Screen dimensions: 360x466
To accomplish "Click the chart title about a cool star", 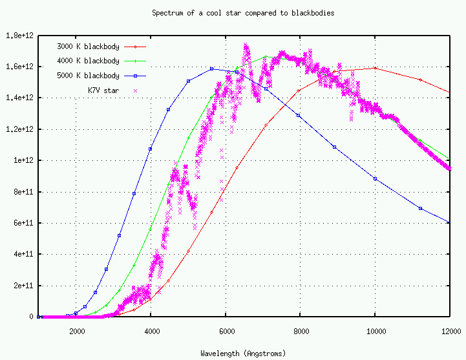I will [x=242, y=13].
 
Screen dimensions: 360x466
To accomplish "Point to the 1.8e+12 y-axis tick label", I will [x=19, y=36].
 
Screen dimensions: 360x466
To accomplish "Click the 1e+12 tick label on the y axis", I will [x=22, y=160].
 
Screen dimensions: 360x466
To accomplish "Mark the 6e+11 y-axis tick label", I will [x=22, y=223].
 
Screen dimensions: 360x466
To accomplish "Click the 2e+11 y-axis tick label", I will [x=22, y=286].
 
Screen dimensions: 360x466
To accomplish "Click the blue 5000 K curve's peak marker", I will [x=211, y=69].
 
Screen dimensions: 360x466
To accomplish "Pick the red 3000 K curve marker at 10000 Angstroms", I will [x=375, y=68].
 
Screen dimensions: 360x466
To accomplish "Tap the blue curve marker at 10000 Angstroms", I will [x=375, y=179].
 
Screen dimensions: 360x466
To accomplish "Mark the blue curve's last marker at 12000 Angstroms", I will [x=449, y=222].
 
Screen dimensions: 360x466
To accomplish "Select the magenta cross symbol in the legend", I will [x=135, y=90].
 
